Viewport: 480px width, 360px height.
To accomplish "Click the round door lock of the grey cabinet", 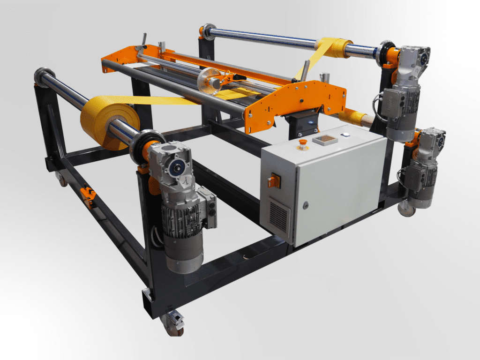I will pyautogui.click(x=306, y=205).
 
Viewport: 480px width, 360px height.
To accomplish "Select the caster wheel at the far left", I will pyautogui.click(x=61, y=179).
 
